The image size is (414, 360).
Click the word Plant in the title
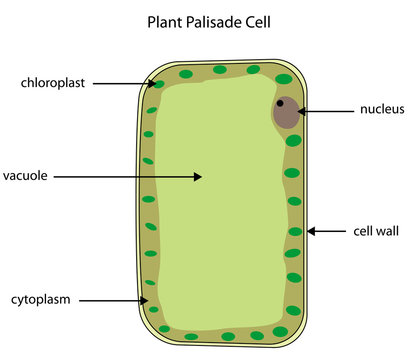tap(165, 20)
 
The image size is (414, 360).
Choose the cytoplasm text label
tap(42, 299)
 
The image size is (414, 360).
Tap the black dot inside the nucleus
tap(281, 103)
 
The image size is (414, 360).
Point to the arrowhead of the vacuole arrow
tap(199, 176)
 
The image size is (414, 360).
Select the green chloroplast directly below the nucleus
tap(293, 141)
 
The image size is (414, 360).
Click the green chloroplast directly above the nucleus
tap(285, 78)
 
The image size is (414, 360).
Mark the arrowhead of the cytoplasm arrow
tap(148, 299)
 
